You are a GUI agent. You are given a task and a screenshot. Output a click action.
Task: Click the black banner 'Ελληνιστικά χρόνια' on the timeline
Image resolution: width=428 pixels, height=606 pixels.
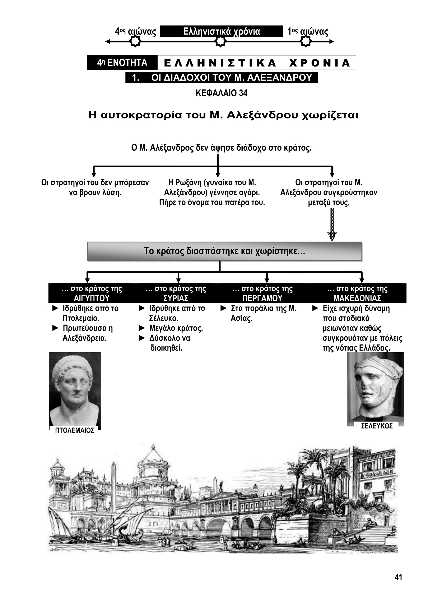(221, 31)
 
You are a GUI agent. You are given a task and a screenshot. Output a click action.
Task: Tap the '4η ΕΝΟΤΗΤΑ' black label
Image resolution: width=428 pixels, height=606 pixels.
(122, 63)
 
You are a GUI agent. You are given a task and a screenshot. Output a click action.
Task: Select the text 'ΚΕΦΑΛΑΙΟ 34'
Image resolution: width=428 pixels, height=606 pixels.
(221, 93)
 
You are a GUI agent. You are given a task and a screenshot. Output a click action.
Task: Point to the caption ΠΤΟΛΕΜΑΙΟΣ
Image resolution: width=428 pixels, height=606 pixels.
(75, 430)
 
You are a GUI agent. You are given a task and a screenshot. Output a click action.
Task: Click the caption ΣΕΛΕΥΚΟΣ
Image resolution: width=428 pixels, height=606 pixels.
(377, 426)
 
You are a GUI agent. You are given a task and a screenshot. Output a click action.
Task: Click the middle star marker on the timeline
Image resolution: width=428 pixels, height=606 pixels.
(220, 41)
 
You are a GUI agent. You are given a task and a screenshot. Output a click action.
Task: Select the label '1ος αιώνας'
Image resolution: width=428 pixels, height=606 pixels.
(308, 32)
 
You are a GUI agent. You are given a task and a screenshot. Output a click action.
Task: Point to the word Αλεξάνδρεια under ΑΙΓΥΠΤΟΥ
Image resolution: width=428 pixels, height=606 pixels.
(84, 338)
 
